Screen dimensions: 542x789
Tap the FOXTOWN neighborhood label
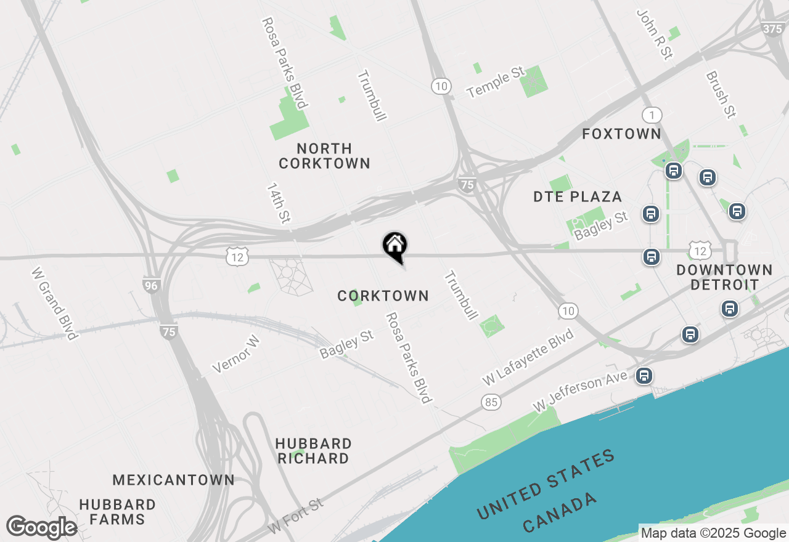pyautogui.click(x=621, y=134)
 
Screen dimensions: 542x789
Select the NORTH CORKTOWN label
pyautogui.click(x=324, y=156)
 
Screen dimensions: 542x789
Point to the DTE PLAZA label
pyautogui.click(x=578, y=197)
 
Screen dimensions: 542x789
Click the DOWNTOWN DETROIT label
pyautogui.click(x=724, y=277)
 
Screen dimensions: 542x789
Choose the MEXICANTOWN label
pyautogui.click(x=173, y=480)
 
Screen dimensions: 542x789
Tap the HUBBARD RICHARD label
pyautogui.click(x=313, y=451)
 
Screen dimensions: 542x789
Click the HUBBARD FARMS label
pyautogui.click(x=117, y=512)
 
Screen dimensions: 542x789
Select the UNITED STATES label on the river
pyautogui.click(x=546, y=483)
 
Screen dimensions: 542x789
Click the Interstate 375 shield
pyautogui.click(x=773, y=28)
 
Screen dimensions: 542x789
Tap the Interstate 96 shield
pyautogui.click(x=151, y=285)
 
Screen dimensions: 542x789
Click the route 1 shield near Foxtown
pyautogui.click(x=652, y=115)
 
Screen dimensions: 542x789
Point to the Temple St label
pyautogui.click(x=496, y=84)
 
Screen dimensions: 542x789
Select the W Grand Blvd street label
pyautogui.click(x=55, y=303)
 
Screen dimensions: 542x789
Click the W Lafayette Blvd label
pyautogui.click(x=528, y=358)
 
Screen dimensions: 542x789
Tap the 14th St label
pyautogui.click(x=279, y=203)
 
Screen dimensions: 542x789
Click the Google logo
pyautogui.click(x=41, y=528)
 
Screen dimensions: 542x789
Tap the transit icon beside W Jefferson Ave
pyautogui.click(x=644, y=375)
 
